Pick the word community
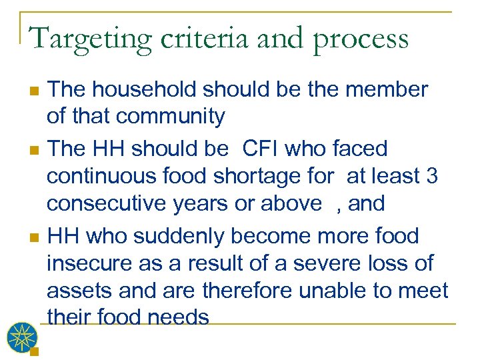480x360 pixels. coord(170,117)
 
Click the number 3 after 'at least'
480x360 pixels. coord(431,176)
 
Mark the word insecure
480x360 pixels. coord(91,263)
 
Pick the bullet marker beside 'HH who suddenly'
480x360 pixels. coord(36,237)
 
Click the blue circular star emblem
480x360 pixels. coord(23,337)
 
